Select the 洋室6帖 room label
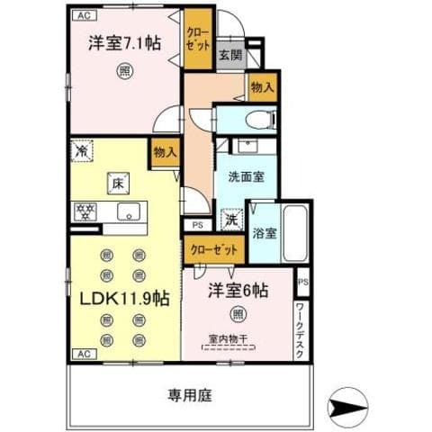[x=238, y=291]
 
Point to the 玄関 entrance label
[x=229, y=54]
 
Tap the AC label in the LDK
[x=82, y=354]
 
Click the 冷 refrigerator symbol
[x=80, y=152]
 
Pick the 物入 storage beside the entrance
[x=261, y=87]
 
